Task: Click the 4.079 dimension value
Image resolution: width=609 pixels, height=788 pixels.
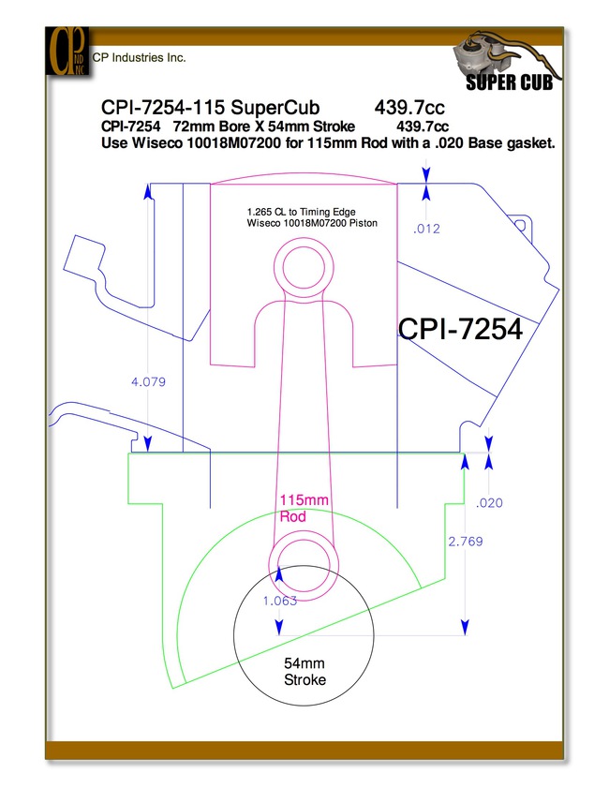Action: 148,382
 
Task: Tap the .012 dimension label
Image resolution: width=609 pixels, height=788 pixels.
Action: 426,230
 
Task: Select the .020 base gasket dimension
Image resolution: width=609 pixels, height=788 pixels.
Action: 489,503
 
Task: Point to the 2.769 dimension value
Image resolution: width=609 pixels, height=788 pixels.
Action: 466,542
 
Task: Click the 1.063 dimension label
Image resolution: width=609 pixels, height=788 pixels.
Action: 280,601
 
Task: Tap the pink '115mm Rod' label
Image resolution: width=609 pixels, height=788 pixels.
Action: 304,508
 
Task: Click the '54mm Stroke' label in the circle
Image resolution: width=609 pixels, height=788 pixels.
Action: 304,672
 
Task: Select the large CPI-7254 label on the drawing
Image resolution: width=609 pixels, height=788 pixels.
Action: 460,330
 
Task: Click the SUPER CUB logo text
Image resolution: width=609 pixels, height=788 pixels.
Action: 509,82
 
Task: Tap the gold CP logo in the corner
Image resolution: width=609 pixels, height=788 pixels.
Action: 67,52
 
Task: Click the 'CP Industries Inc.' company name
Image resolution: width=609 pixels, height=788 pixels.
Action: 140,58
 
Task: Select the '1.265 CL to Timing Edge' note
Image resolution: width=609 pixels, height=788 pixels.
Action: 302,212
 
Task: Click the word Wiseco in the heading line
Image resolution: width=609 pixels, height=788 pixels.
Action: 156,143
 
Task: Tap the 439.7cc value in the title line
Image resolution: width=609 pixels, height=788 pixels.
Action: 409,108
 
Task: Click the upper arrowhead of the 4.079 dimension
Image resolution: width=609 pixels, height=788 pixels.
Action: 148,191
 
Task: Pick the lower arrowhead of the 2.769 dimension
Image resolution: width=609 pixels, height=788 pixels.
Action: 465,628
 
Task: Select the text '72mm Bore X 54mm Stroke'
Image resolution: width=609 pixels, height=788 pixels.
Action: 264,126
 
